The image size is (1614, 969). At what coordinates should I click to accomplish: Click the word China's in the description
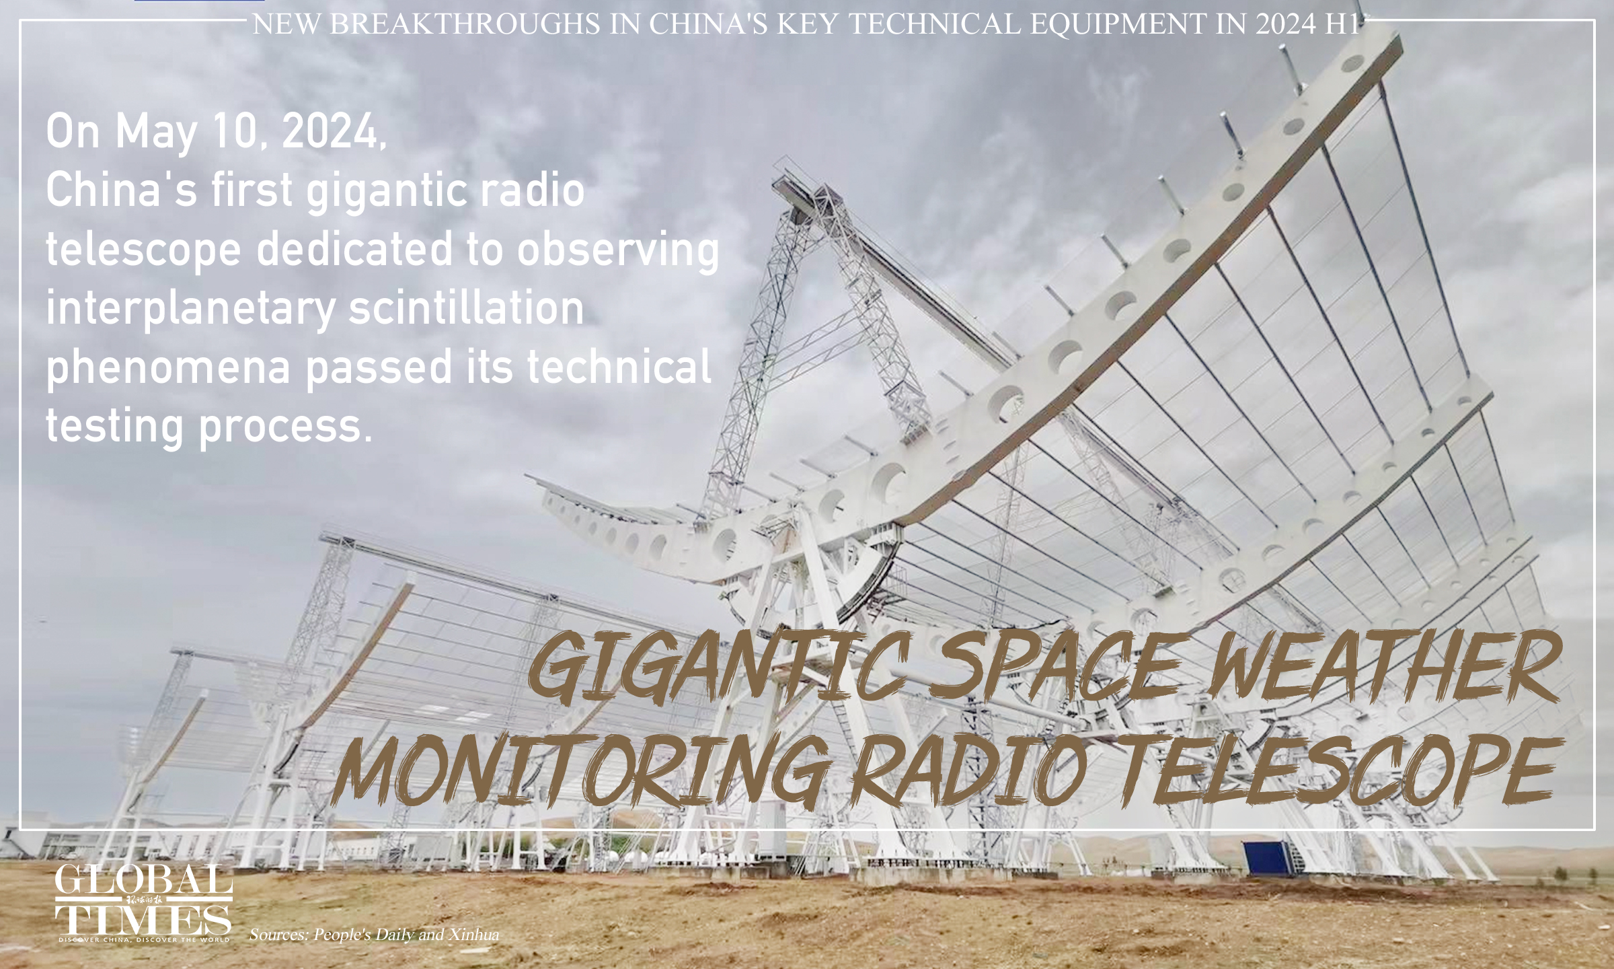coord(121,191)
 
